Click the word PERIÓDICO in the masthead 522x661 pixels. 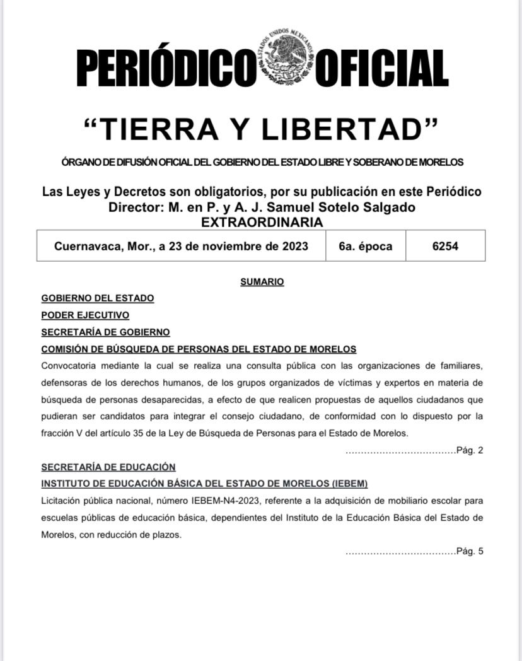(x=163, y=67)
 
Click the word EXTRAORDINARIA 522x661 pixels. (x=262, y=222)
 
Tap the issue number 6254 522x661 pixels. (x=445, y=246)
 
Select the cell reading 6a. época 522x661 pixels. (x=365, y=246)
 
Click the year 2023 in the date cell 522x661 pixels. (x=292, y=246)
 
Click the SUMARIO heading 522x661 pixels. (x=262, y=282)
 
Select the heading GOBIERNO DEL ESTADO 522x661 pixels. (x=97, y=298)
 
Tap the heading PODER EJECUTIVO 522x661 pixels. (x=85, y=315)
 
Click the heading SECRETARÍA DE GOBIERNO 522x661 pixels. (x=105, y=332)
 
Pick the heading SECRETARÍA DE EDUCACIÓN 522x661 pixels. (x=108, y=467)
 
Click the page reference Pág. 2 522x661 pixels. (x=470, y=450)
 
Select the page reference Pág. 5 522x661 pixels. (x=470, y=551)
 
